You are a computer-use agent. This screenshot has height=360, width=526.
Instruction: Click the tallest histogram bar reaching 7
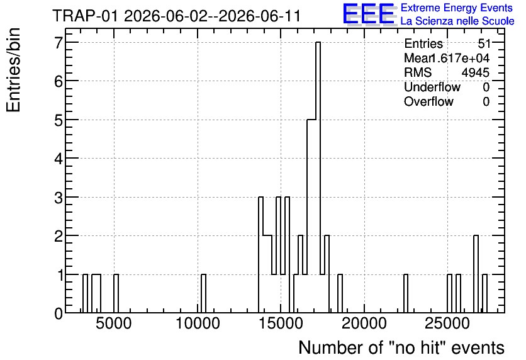click(x=318, y=177)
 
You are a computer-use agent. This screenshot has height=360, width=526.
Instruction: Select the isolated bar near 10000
click(x=203, y=293)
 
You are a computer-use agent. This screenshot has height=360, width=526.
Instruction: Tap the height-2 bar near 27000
click(x=476, y=274)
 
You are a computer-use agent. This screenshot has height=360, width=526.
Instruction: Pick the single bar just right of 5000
click(x=116, y=293)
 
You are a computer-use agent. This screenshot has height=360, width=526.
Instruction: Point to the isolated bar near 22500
click(x=406, y=293)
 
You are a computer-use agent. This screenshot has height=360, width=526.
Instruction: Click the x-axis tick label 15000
click(x=281, y=324)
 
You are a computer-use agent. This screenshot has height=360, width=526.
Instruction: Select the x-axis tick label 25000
click(x=447, y=324)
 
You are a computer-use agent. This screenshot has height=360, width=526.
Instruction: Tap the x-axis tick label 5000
click(x=114, y=324)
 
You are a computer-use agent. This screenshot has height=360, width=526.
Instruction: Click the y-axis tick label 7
click(x=59, y=42)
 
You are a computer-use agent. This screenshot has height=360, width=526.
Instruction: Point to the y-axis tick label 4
click(x=59, y=159)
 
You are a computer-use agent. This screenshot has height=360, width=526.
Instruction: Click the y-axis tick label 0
click(x=59, y=313)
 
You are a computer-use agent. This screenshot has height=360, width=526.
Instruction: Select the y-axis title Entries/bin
click(x=13, y=70)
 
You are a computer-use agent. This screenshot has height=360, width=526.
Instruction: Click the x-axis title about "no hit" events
click(x=401, y=347)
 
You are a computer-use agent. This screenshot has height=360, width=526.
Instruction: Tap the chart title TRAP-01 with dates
click(x=176, y=16)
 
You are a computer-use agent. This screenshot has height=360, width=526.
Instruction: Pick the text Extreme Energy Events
click(x=457, y=8)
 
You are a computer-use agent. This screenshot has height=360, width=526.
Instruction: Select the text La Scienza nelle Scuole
click(x=457, y=21)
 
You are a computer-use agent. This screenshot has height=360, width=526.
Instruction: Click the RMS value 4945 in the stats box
click(x=475, y=72)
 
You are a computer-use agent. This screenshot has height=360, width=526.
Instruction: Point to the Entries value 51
click(x=484, y=43)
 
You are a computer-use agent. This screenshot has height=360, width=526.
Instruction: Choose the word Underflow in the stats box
click(x=432, y=87)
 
